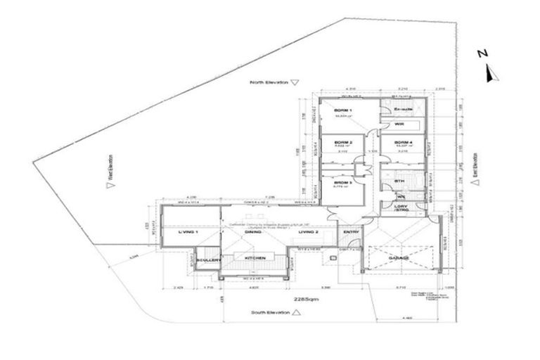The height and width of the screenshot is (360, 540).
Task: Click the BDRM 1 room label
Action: tap(342, 112)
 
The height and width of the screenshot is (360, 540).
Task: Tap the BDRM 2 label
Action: tap(342, 143)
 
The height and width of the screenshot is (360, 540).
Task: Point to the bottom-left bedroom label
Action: tap(342, 181)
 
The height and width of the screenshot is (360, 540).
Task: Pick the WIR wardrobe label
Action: tap(399, 124)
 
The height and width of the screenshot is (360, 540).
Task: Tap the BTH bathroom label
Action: tap(399, 181)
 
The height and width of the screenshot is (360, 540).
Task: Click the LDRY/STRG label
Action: tap(401, 208)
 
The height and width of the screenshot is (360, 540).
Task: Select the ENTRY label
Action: tap(350, 231)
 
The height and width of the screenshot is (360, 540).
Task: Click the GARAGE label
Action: tap(399, 259)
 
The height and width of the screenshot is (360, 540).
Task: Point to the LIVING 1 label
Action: tap(188, 231)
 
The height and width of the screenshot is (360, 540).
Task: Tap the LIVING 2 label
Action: tap(309, 231)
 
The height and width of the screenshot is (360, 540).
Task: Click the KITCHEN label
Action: tap(255, 259)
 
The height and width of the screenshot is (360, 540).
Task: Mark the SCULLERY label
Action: tap(210, 259)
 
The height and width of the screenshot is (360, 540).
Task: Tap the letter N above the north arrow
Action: tap(482, 53)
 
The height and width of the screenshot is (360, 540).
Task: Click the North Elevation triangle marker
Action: tap(295, 82)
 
